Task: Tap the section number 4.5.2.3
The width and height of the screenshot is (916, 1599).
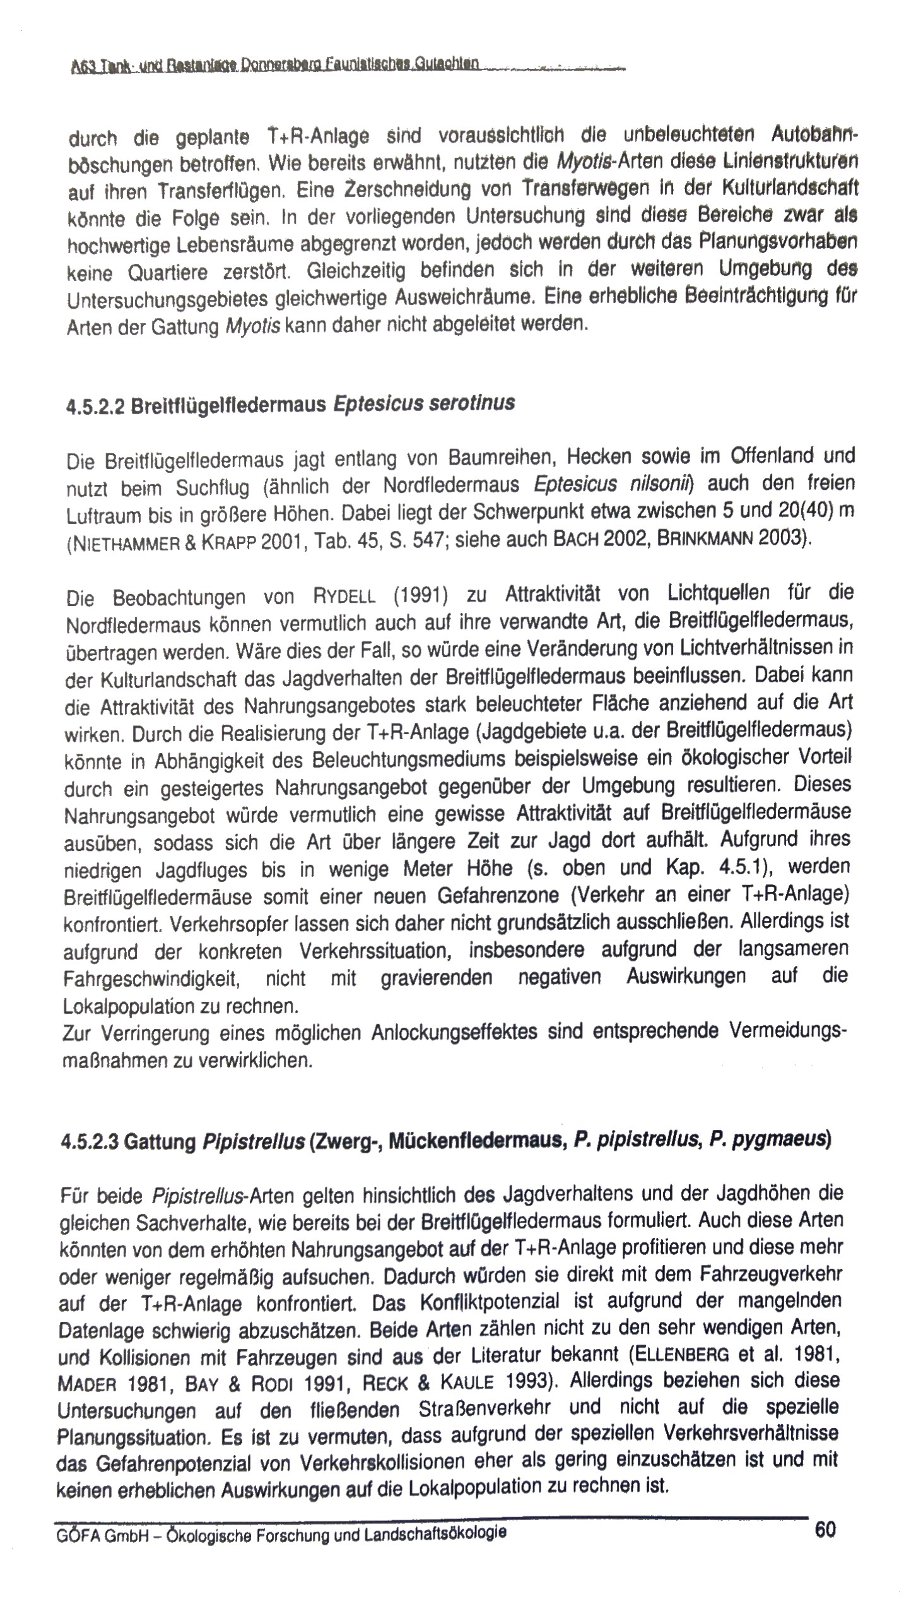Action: (x=88, y=1141)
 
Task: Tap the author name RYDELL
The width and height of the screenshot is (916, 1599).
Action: (x=344, y=595)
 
